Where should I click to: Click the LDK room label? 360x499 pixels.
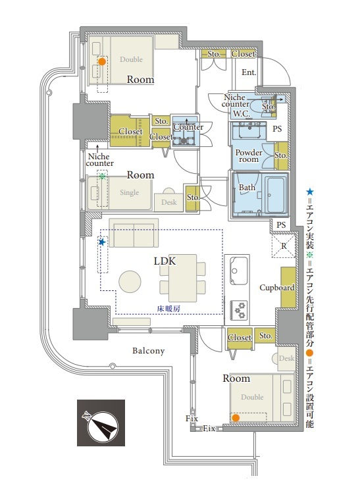(x=165, y=261)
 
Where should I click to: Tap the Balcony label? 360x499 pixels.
(x=149, y=351)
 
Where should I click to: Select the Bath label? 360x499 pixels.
(x=247, y=188)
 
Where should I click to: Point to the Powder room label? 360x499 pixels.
(x=249, y=155)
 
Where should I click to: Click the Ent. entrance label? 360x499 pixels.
(x=249, y=72)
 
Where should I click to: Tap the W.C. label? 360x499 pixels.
(x=242, y=114)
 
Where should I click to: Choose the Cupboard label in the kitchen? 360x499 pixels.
(x=276, y=288)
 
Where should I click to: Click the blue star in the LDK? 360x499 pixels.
(x=102, y=242)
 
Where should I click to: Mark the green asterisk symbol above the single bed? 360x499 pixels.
(x=102, y=176)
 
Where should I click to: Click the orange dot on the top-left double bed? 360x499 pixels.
(x=102, y=61)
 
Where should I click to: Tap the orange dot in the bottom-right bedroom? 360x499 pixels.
(x=236, y=418)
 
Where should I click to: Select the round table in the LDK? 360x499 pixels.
(x=130, y=282)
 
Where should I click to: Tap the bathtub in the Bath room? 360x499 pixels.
(x=275, y=195)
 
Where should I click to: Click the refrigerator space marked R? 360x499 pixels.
(x=284, y=246)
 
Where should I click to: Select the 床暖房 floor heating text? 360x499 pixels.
(x=168, y=308)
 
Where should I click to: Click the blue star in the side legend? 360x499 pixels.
(x=310, y=192)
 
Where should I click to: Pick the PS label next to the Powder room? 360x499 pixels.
(x=277, y=129)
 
